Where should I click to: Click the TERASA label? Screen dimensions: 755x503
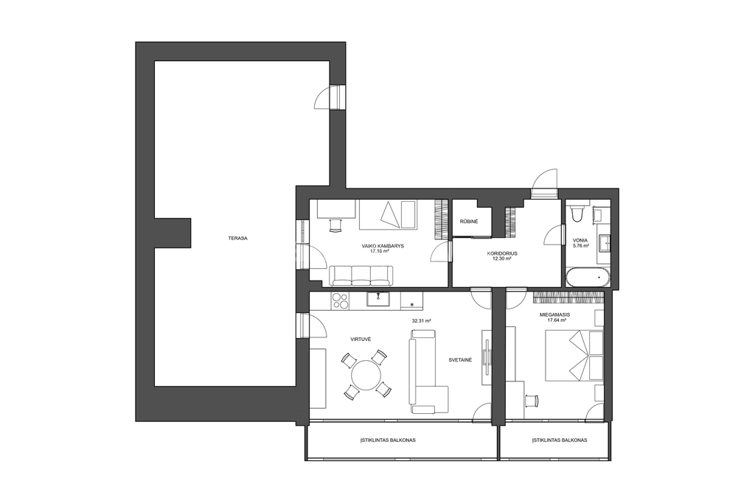[238, 238]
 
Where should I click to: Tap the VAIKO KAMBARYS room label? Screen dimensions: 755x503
[383, 246]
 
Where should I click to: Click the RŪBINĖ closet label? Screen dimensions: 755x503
[468, 222]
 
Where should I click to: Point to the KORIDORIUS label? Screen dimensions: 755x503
[501, 253]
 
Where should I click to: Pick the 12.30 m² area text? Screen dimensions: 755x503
[501, 258]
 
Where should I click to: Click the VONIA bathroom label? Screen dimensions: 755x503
[580, 240]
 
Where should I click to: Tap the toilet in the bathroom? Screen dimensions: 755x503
[575, 214]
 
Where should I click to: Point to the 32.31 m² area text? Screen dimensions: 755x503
[421, 320]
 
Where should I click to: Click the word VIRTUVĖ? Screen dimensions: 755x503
[360, 339]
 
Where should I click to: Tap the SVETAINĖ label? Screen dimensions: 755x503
[460, 359]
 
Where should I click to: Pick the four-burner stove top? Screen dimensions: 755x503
[341, 300]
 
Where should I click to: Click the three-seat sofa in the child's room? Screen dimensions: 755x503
[361, 275]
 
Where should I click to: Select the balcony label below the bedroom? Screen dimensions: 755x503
[560, 440]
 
